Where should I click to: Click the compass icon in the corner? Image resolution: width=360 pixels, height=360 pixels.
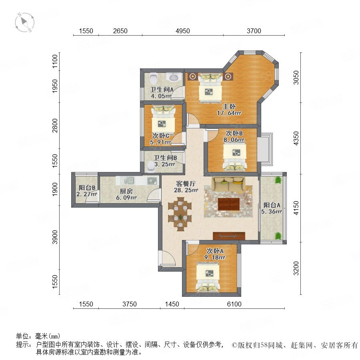(24, 22)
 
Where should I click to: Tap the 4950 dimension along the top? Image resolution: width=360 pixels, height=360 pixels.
(183, 31)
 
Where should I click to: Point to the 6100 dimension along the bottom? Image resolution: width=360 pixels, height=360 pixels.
(234, 304)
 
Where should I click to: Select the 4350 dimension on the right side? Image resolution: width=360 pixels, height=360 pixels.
(296, 138)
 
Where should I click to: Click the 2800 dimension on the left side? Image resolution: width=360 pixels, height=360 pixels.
(55, 125)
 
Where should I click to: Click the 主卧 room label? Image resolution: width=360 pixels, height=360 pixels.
(229, 106)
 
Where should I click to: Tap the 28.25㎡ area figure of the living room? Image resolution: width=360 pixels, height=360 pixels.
(186, 190)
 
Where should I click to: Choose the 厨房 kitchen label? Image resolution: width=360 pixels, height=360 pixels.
(126, 191)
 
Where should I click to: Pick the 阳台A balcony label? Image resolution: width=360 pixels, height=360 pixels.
(272, 205)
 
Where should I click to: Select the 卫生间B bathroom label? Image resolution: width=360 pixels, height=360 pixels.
(165, 158)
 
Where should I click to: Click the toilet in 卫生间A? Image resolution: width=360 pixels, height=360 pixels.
(153, 78)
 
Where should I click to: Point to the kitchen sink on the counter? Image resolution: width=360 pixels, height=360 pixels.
(129, 180)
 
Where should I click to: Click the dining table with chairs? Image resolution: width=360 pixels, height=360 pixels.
(180, 213)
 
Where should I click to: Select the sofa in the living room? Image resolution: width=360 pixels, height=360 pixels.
(228, 184)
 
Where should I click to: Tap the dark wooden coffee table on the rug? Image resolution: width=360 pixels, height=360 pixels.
(229, 204)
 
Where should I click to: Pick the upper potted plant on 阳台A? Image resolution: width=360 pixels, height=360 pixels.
(278, 180)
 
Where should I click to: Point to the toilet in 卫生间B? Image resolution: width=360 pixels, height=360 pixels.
(151, 166)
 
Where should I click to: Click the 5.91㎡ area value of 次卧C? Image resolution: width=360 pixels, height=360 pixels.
(160, 142)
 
